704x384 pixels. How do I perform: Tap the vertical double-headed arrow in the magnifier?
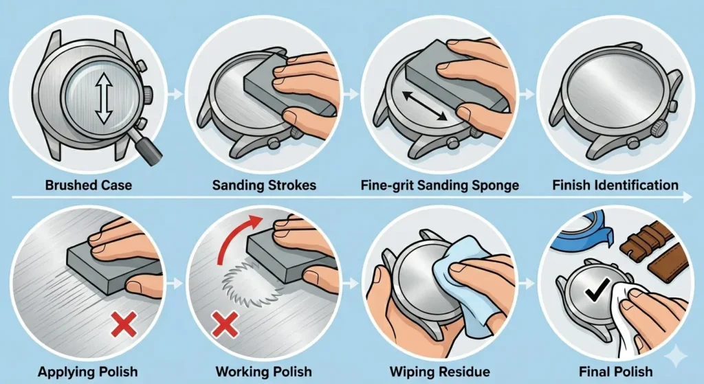(x=104, y=100)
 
